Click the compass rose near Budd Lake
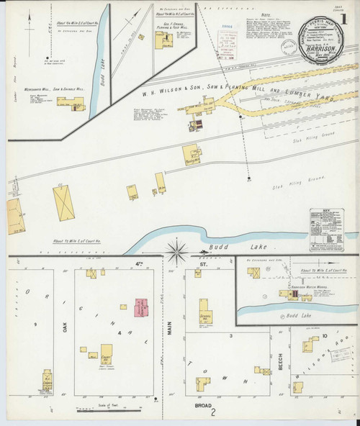click(177, 252)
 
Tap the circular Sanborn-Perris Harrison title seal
click(321, 40)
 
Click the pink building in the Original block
click(140, 307)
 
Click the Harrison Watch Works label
click(307, 286)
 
